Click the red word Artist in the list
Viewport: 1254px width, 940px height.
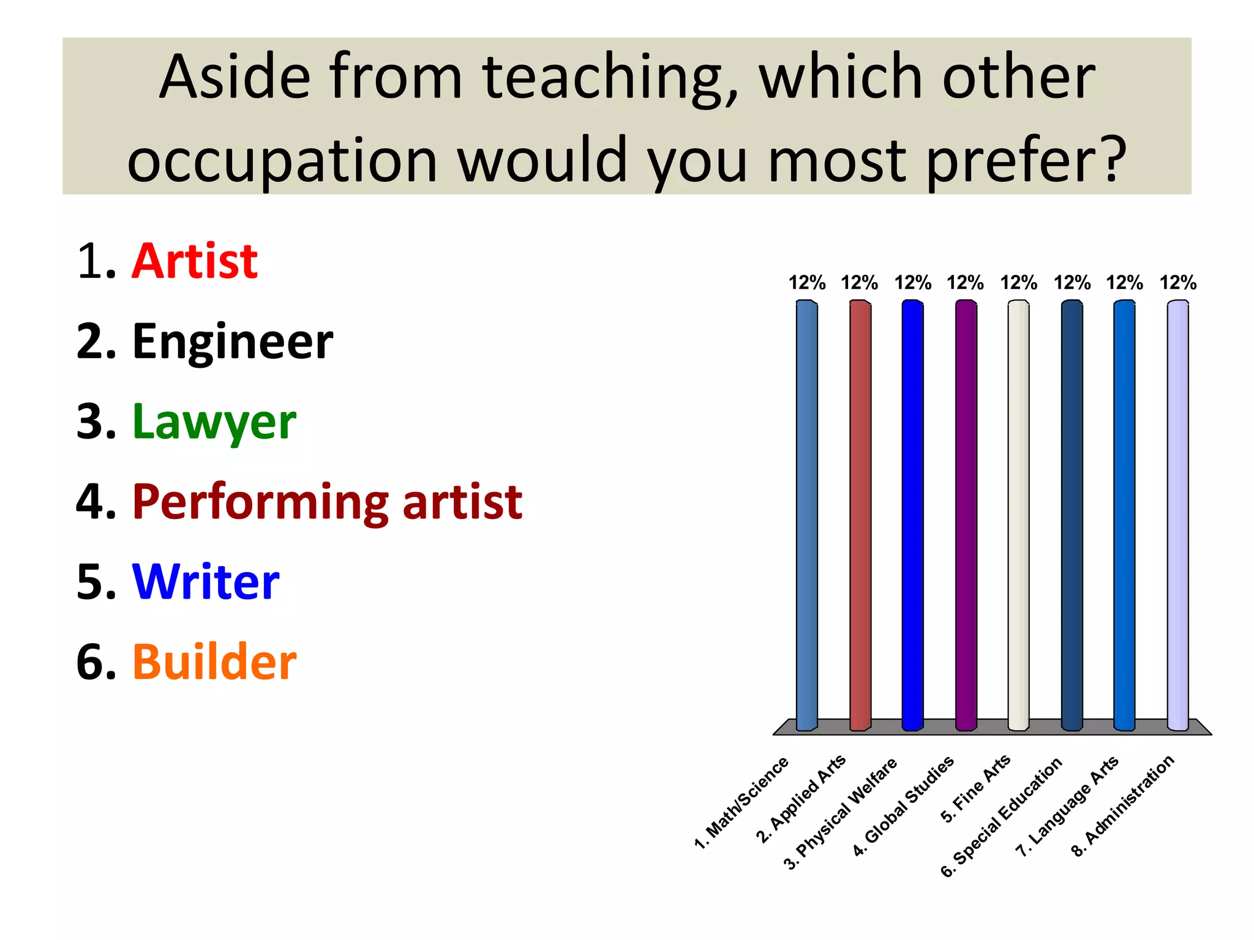pos(195,261)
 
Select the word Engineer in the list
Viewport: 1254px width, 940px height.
pos(233,341)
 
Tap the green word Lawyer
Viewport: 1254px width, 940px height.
pos(214,422)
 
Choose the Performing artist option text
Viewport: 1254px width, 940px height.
pos(327,502)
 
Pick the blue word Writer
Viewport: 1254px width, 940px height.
pos(206,582)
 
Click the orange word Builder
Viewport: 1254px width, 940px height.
pos(214,662)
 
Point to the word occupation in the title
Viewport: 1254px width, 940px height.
pos(282,160)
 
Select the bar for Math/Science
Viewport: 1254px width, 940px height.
pos(806,514)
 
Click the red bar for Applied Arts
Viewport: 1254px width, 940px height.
pos(860,514)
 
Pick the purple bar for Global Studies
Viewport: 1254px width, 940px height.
pos(966,514)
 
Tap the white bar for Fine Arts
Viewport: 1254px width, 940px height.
pos(1018,514)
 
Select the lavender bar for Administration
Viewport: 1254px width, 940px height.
pos(1177,514)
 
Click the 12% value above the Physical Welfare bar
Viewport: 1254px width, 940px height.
pos(912,283)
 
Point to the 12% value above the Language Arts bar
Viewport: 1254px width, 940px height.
pos(1124,283)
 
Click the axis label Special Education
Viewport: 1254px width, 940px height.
pos(1002,817)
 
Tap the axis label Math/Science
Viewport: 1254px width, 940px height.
pos(742,803)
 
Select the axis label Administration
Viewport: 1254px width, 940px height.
pos(1123,805)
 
